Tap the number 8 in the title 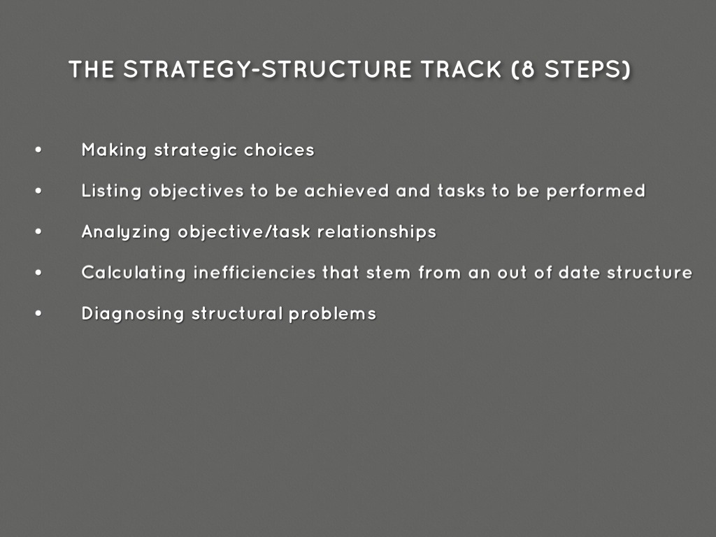528,69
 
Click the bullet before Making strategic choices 38,150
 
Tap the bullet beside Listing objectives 38,190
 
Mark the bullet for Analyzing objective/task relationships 38,231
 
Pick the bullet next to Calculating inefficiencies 38,272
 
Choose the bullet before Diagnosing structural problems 38,313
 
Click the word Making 114,150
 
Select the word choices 279,150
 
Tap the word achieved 347,190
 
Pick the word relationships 377,232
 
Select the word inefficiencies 255,272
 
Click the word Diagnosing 132,314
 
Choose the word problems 332,314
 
